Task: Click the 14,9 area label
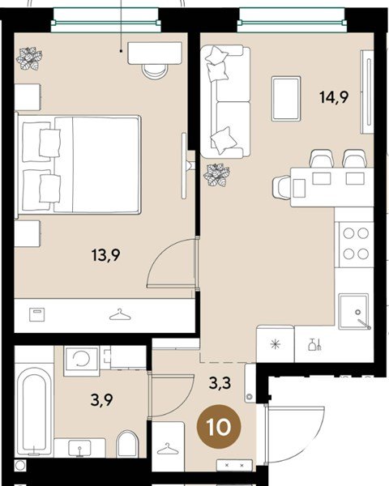pyautogui.click(x=334, y=97)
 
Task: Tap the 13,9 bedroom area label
pyautogui.click(x=106, y=255)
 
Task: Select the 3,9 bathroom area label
pyautogui.click(x=101, y=400)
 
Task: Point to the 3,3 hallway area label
pyautogui.click(x=220, y=383)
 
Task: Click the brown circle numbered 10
pyautogui.click(x=219, y=428)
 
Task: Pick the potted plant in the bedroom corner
pyautogui.click(x=29, y=58)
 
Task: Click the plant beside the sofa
pyautogui.click(x=216, y=175)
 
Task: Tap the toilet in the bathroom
pyautogui.click(x=127, y=444)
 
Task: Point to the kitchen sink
pyautogui.click(x=354, y=312)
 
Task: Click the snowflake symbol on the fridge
pyautogui.click(x=276, y=344)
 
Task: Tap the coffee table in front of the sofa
pyautogui.click(x=286, y=99)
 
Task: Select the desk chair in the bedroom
pyautogui.click(x=155, y=71)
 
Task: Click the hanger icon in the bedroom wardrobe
pyautogui.click(x=120, y=314)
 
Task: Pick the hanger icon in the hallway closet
pyautogui.click(x=168, y=449)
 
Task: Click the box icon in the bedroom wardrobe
pyautogui.click(x=37, y=314)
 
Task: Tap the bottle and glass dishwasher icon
pyautogui.click(x=314, y=345)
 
